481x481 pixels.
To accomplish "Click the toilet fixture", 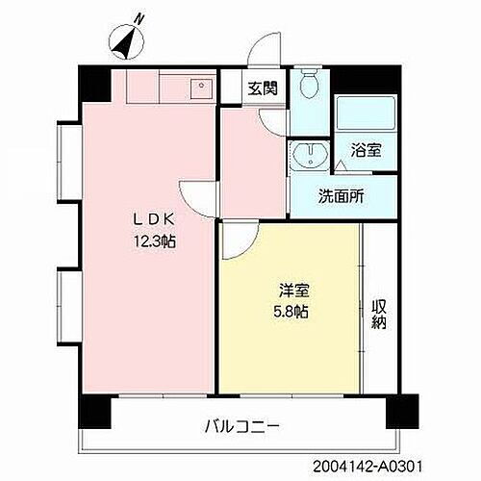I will [x=309, y=88].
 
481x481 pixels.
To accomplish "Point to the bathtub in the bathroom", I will [x=364, y=116].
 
